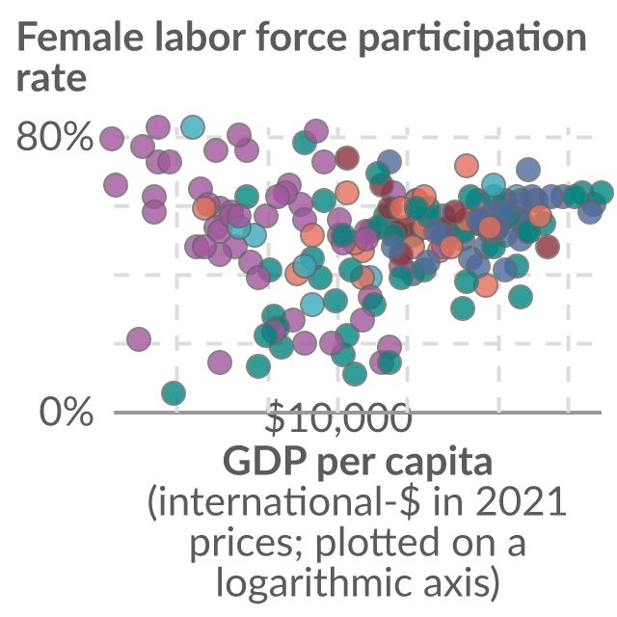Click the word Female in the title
[x=80, y=37]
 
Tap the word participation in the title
[x=472, y=39]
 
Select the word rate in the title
[x=51, y=78]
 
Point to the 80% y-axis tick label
[x=55, y=136]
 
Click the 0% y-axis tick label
[x=67, y=412]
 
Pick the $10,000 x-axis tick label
[x=338, y=417]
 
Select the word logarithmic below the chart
[x=314, y=582]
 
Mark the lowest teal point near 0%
[x=174, y=392]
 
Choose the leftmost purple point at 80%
[x=112, y=139]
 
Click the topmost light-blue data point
[x=193, y=127]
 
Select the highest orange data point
[x=467, y=165]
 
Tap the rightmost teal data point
[x=602, y=193]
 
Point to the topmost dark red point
[x=347, y=158]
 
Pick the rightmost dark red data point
[x=547, y=247]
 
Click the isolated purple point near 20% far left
[x=139, y=338]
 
